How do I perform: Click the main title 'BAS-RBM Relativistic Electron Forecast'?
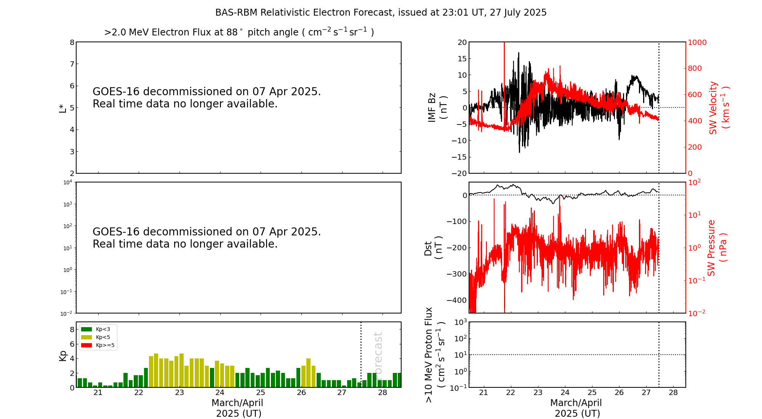tap(381, 13)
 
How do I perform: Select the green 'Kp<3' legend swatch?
tap(86, 329)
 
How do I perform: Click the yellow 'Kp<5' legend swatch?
tap(86, 337)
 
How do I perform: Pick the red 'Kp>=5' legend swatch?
tap(86, 345)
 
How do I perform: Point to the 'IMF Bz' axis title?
tap(432, 107)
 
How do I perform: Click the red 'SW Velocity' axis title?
tap(713, 107)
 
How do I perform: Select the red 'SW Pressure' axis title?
tap(711, 248)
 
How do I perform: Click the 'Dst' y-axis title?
tap(428, 248)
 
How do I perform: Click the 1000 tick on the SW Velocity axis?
tap(697, 42)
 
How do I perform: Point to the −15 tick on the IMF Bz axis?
tap(459, 157)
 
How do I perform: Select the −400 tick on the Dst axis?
tap(457, 300)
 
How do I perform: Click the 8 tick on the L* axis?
tap(72, 42)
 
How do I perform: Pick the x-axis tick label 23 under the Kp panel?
tap(179, 393)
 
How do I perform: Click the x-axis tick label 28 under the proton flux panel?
tap(673, 393)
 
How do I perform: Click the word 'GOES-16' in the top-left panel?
tap(116, 92)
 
